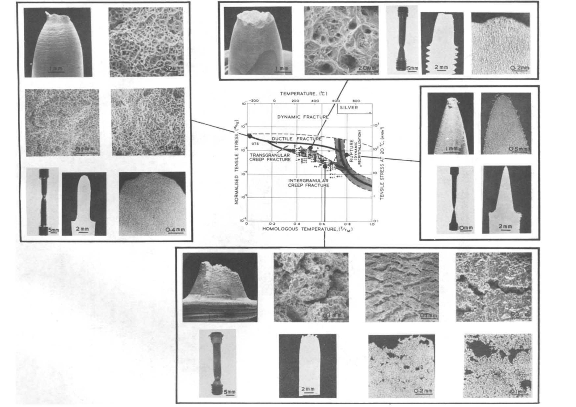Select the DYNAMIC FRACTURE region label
point(303,117)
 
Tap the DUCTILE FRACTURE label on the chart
point(297,139)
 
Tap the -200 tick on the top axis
point(252,101)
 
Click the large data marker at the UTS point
point(250,136)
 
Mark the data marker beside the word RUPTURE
point(347,155)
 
